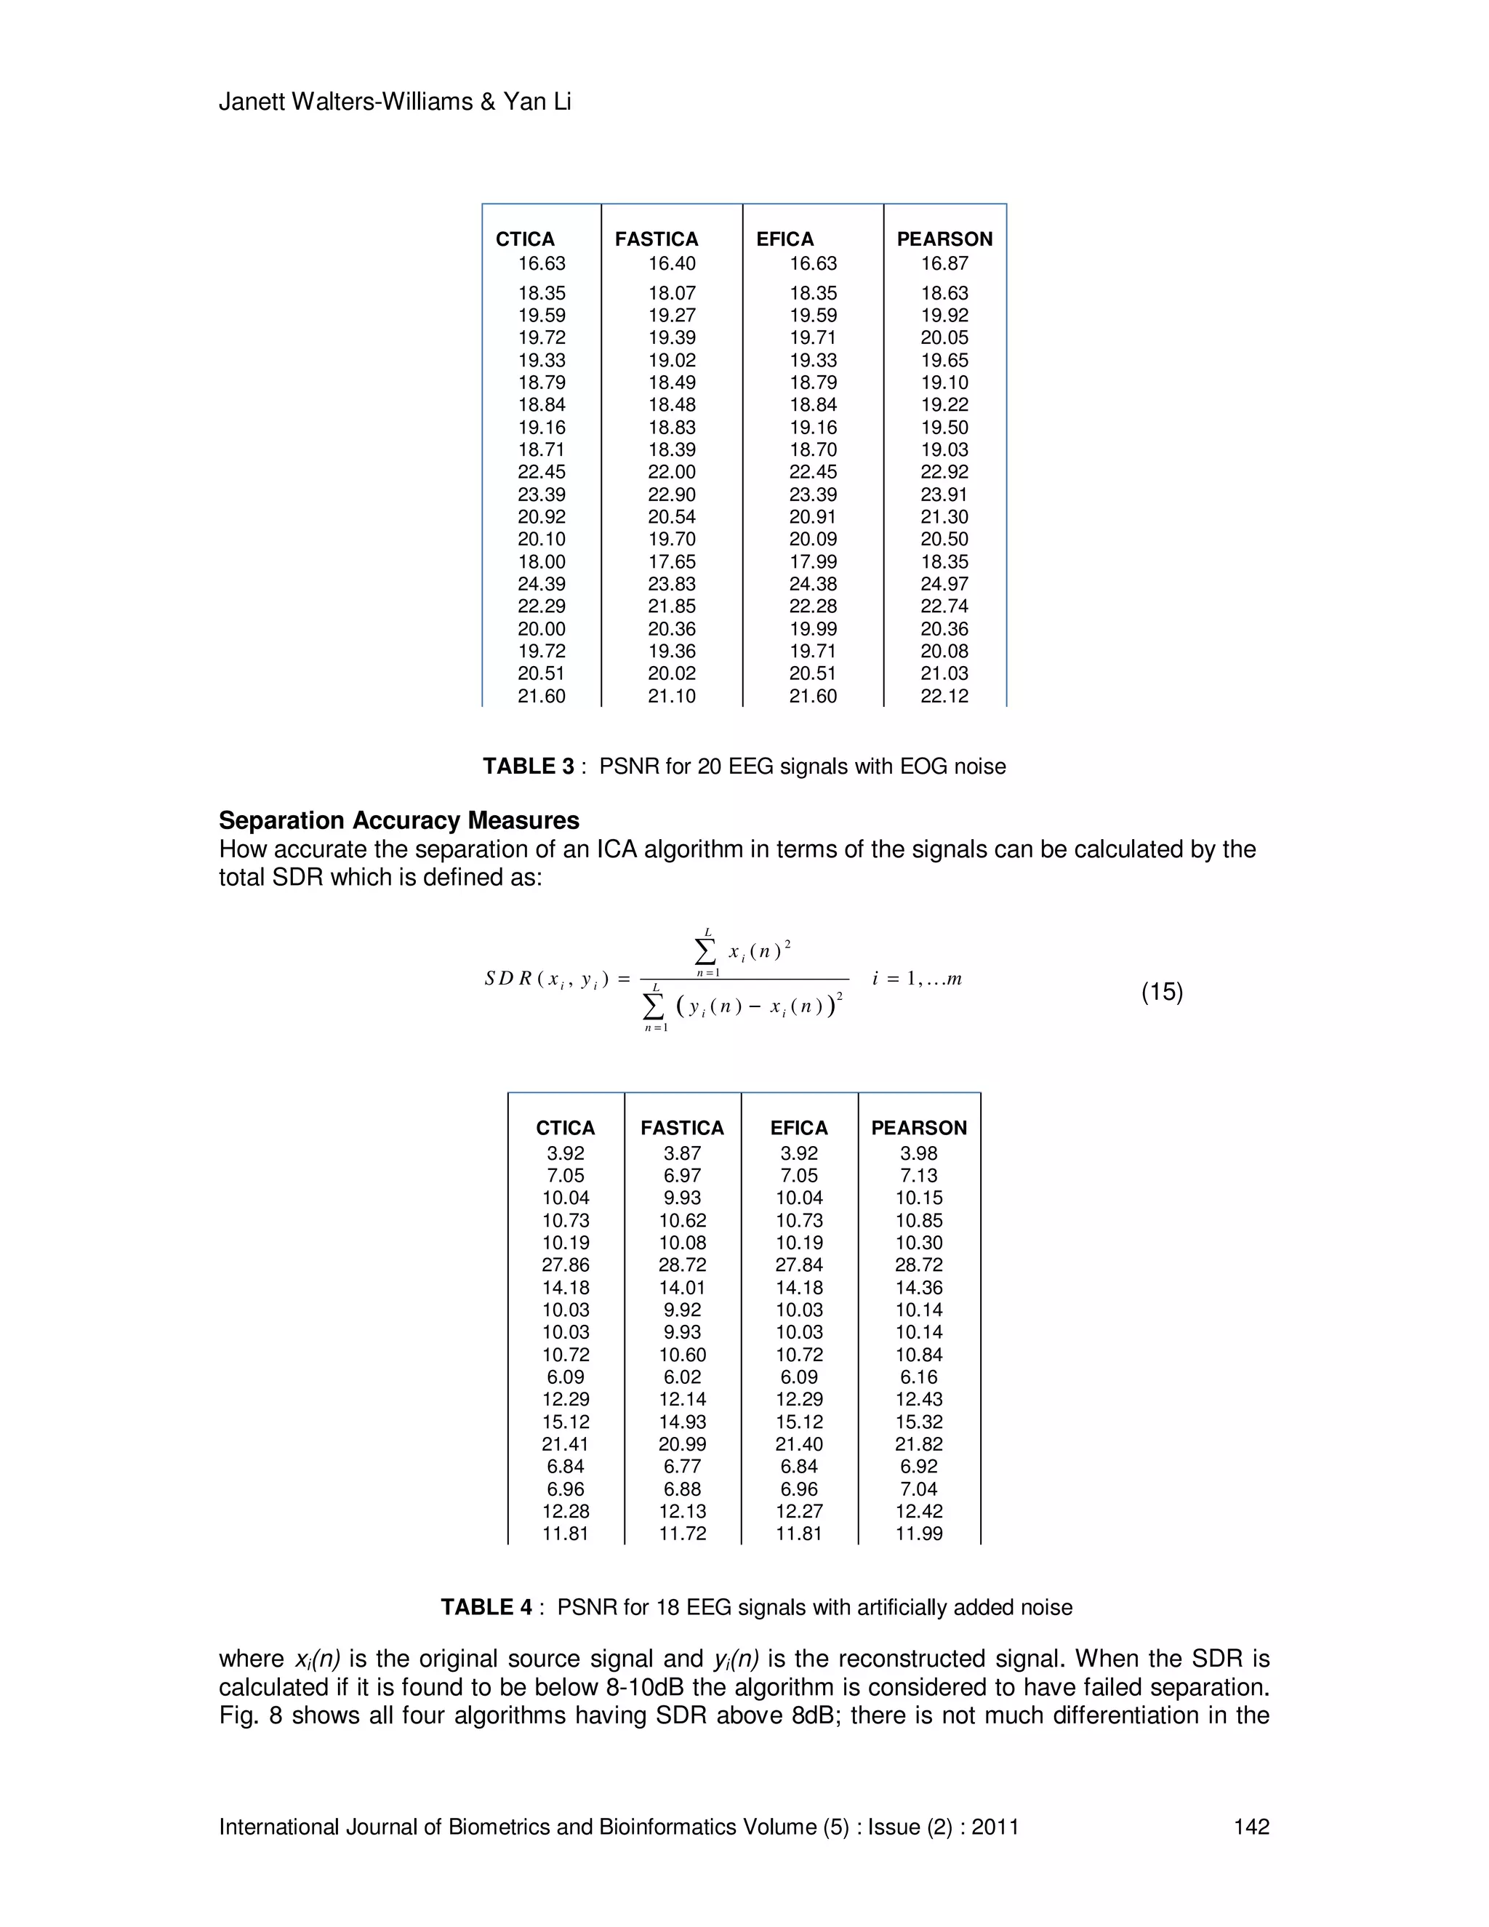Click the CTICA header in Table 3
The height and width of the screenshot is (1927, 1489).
pyautogui.click(x=525, y=239)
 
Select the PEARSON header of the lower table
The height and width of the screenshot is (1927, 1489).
pyautogui.click(x=918, y=1128)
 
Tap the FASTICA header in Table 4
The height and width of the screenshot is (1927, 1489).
pyautogui.click(x=682, y=1128)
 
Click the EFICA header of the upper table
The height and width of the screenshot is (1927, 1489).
pyautogui.click(x=784, y=239)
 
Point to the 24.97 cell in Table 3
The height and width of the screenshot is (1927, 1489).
pyautogui.click(x=944, y=584)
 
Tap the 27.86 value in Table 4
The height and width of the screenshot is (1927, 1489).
pyautogui.click(x=566, y=1265)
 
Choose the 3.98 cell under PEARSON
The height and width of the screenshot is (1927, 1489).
pyautogui.click(x=918, y=1153)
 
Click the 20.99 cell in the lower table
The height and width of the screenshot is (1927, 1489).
pyautogui.click(x=682, y=1444)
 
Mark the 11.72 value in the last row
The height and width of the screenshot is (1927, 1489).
pyautogui.click(x=682, y=1534)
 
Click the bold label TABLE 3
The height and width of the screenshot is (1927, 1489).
pyautogui.click(x=528, y=766)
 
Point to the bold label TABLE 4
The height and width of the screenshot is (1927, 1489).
pyautogui.click(x=486, y=1607)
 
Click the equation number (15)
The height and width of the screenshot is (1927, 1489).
pyautogui.click(x=1162, y=992)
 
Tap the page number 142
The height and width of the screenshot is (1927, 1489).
pyautogui.click(x=1251, y=1827)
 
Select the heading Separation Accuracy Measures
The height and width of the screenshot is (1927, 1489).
pyautogui.click(x=398, y=820)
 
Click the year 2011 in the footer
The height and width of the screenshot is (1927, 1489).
pyautogui.click(x=995, y=1827)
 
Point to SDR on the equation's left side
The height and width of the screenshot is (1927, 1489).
pyautogui.click(x=508, y=979)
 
